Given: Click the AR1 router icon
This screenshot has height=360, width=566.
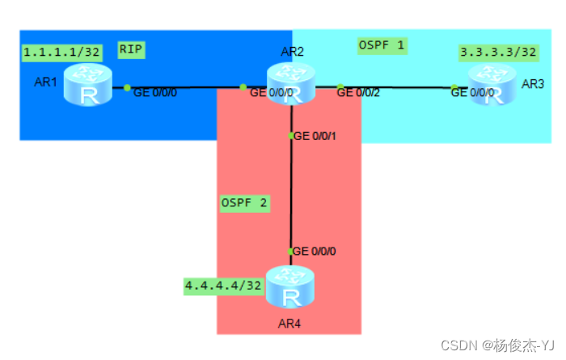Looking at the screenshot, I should coord(91,86).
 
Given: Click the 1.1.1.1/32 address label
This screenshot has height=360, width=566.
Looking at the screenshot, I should coord(61,53).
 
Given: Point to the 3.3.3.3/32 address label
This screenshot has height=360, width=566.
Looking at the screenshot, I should coord(498,53).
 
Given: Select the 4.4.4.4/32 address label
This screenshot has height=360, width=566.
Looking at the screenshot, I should coord(223,285).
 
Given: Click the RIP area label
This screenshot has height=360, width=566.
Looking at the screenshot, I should coord(131,49).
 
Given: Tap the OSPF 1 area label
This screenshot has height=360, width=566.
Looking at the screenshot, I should coord(382,45).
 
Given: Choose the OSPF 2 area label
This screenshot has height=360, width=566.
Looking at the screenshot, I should coord(244,203).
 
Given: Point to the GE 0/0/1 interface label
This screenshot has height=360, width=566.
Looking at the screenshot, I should coord(315,136).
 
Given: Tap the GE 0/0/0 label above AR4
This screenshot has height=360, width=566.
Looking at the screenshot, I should coord(315,251).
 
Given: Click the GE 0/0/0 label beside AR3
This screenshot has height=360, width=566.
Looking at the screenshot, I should coord(471,93).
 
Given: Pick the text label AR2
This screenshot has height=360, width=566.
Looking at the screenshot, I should coord(293,52).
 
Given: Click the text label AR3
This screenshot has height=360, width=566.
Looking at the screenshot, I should coord(534,84).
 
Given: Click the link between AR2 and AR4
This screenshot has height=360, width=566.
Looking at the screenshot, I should coord(291,194).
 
